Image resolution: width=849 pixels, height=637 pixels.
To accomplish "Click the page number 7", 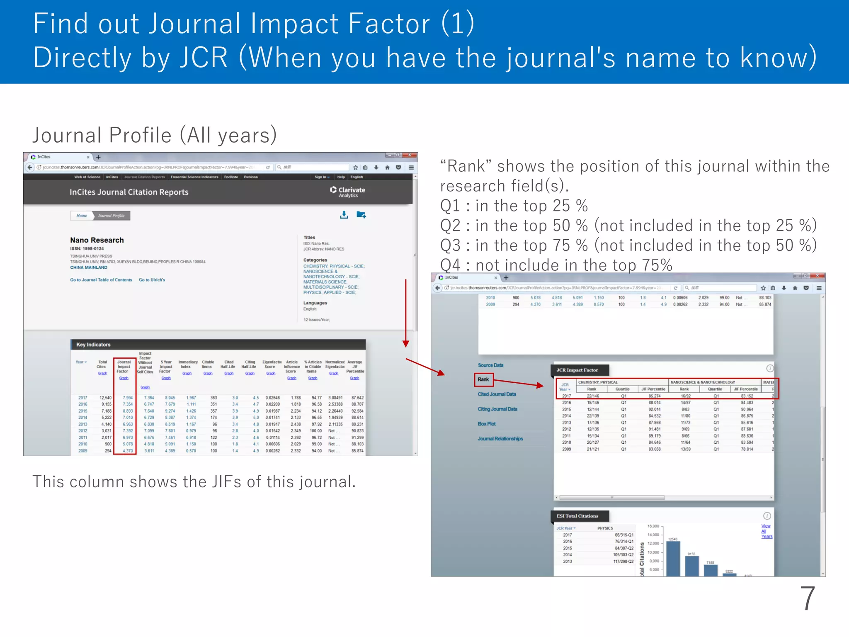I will coord(807,598).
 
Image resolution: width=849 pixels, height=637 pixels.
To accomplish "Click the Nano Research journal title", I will coord(97,240).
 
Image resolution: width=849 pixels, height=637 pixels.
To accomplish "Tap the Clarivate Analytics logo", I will coord(348,192).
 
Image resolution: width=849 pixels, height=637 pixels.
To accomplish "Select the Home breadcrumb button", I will coord(82,216).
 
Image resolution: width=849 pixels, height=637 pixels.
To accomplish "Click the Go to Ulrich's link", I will coord(152,280).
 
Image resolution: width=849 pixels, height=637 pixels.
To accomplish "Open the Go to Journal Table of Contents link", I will coord(101,280).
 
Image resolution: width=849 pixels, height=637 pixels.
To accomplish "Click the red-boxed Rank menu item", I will coord(483,379).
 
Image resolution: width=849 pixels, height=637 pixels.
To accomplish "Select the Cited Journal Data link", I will coord(497,394).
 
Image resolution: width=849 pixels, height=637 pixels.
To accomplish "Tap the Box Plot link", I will coord(487,424).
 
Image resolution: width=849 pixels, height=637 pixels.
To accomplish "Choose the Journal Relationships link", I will coord(500,439).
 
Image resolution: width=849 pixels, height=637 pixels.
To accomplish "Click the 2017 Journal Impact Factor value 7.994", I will coord(128,398).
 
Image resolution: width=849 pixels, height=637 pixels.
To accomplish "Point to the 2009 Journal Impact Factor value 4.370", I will coord(128,451).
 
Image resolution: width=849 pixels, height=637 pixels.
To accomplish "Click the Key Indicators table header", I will coord(94,345).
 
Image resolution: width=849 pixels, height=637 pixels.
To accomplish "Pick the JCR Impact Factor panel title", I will coord(577,370).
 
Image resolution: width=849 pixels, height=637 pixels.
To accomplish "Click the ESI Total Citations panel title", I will coord(577,516).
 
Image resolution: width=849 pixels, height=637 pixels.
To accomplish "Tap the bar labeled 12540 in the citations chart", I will coord(673,558).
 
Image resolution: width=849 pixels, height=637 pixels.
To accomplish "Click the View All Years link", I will coord(767,531).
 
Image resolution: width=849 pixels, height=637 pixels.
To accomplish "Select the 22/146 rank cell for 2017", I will coord(593,396).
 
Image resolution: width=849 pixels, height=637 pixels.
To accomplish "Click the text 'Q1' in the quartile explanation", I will coord(450,206).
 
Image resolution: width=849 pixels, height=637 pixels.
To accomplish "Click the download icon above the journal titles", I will coord(344,215).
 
